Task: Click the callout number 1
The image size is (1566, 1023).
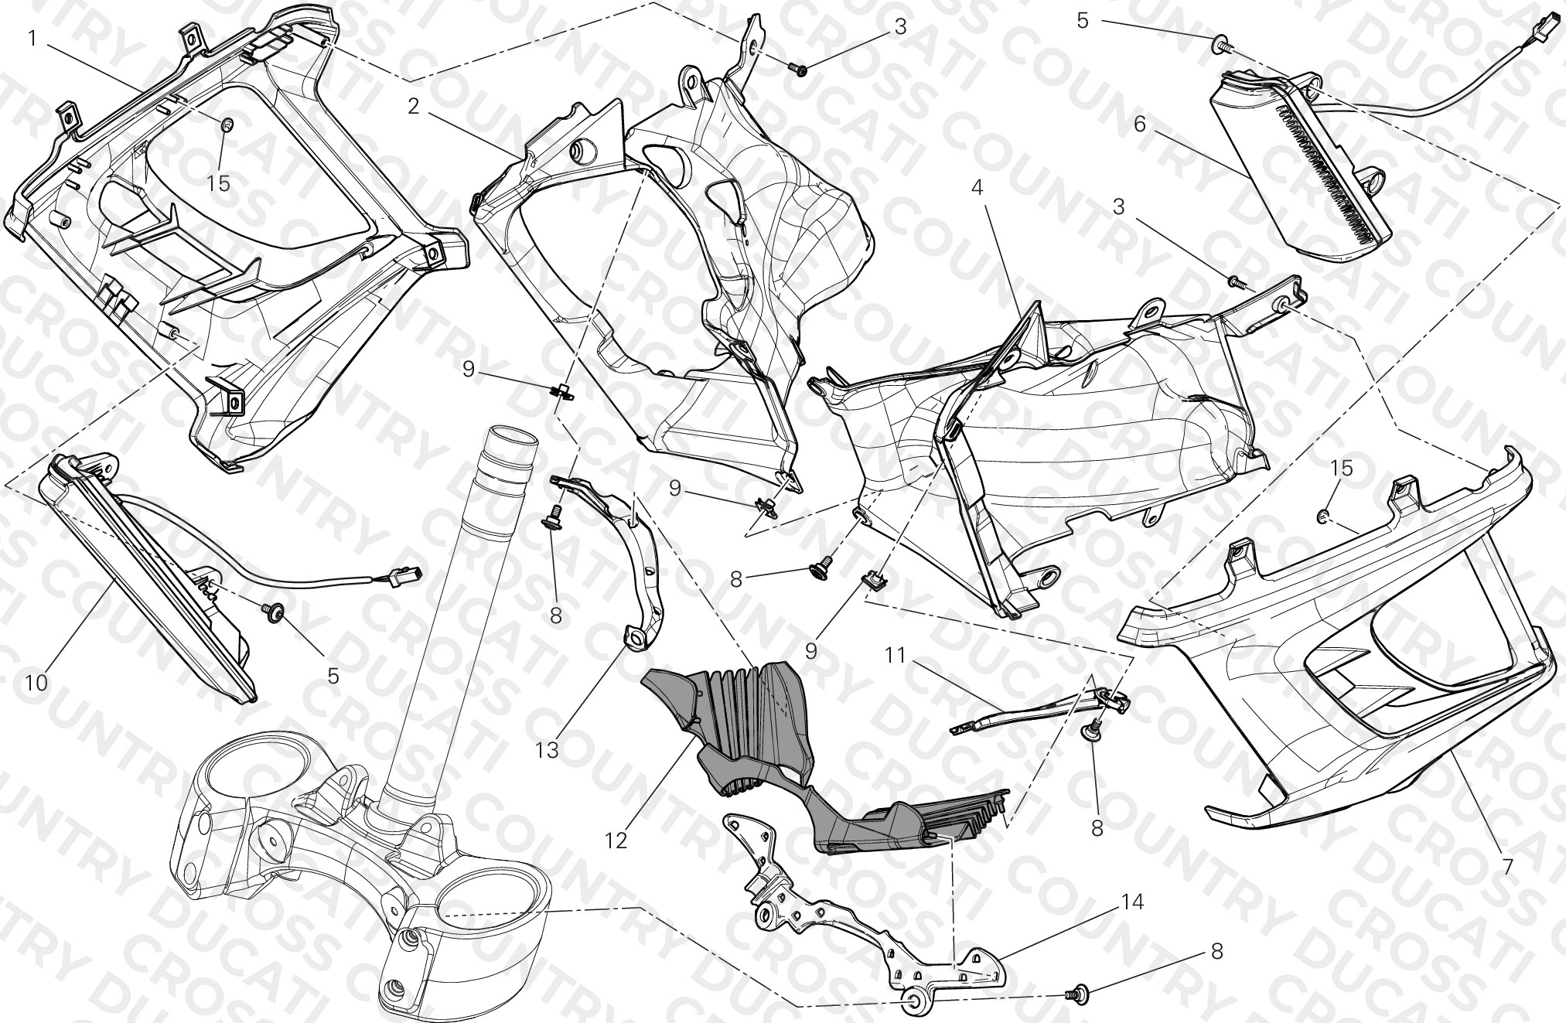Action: tap(32, 38)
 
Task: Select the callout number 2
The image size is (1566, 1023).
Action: tap(414, 106)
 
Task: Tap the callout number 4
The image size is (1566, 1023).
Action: tap(977, 188)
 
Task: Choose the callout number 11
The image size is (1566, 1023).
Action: tap(896, 656)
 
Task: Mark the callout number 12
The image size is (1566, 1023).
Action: tap(616, 841)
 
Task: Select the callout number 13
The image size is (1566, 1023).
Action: tap(547, 750)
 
